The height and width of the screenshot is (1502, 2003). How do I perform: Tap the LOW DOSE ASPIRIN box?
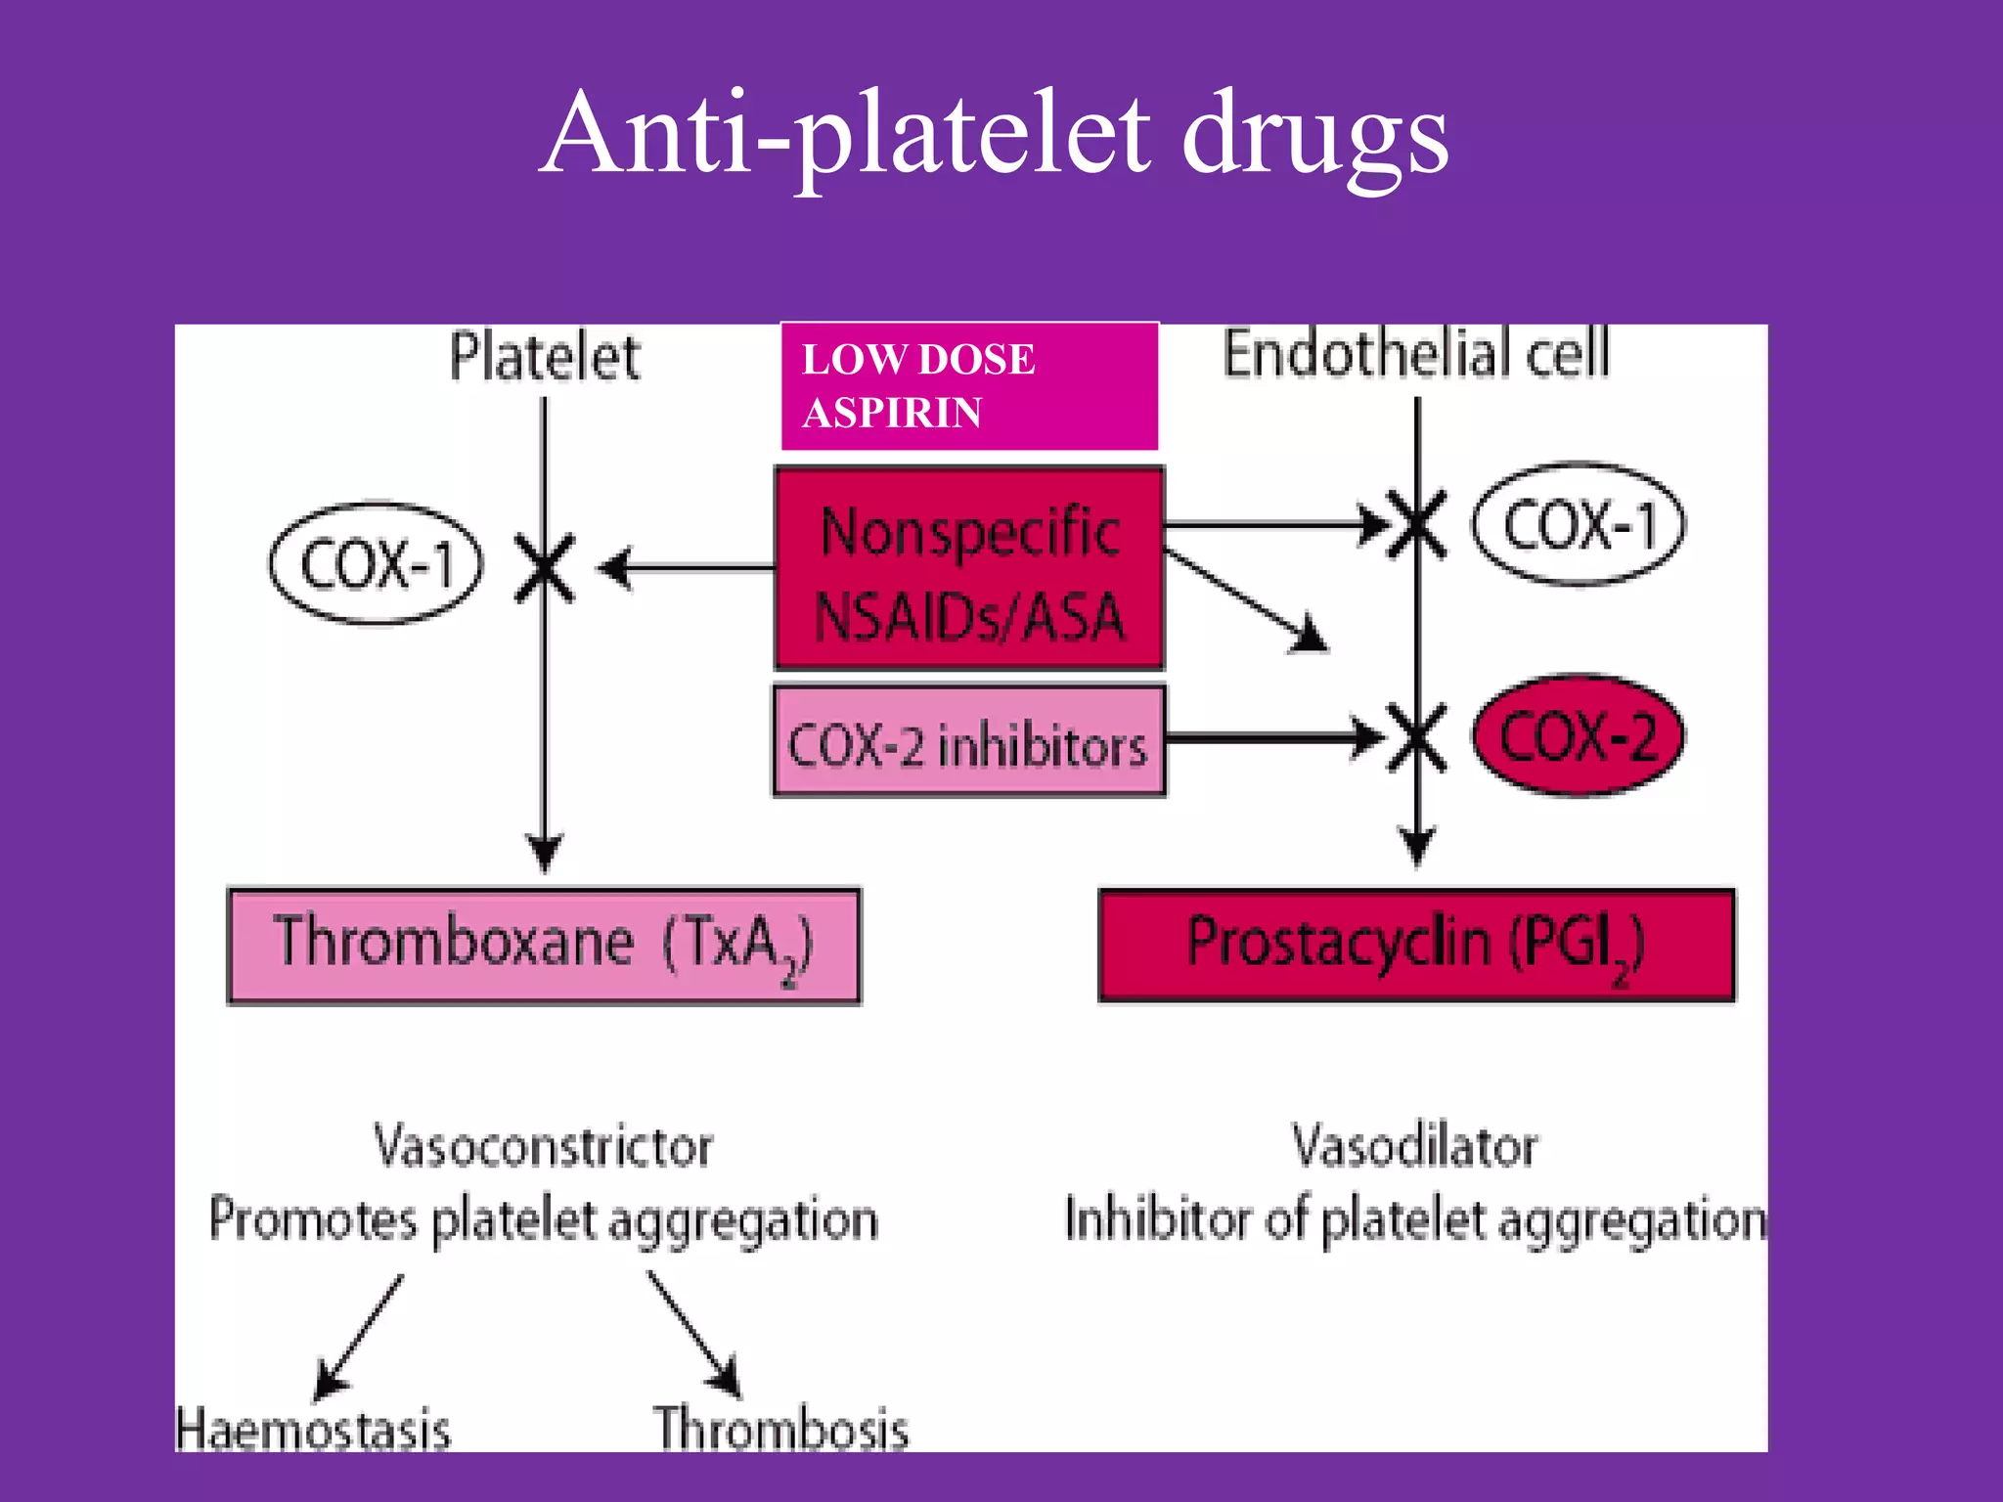coord(968,386)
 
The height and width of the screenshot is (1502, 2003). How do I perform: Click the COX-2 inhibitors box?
coord(968,742)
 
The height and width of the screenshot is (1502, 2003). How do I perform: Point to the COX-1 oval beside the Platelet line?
coord(376,564)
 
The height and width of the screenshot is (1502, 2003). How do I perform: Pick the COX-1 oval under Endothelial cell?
coord(1579,525)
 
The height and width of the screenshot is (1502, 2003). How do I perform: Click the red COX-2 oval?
coord(1579,735)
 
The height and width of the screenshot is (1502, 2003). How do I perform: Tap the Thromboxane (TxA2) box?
coord(544,946)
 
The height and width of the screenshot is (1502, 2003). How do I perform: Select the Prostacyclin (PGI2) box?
coord(1415,946)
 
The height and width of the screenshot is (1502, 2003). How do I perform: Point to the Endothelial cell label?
coord(1415,353)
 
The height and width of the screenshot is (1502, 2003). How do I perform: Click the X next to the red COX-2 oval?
coord(1417,738)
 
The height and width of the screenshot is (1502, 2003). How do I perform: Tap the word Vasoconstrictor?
coord(544,1146)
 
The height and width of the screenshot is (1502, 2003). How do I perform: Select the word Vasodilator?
coord(1414,1146)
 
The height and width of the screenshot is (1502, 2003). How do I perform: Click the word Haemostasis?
coord(313,1430)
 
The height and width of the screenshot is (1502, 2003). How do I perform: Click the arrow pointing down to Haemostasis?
coord(358,1338)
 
